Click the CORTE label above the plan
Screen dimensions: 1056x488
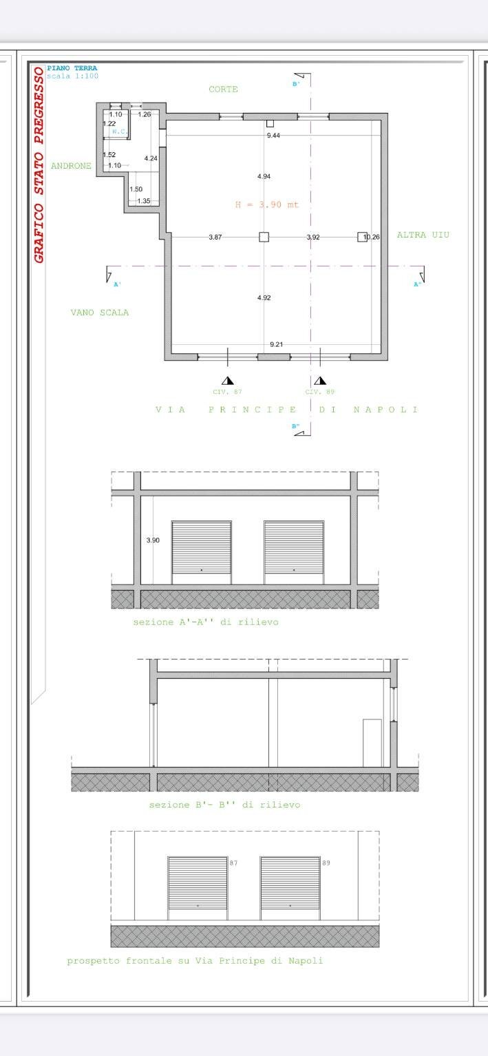(x=223, y=89)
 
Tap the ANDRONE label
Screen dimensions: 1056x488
(x=71, y=166)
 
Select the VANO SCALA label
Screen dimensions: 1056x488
(x=99, y=313)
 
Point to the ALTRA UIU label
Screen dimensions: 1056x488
(x=423, y=235)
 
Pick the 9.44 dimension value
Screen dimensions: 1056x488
(x=273, y=136)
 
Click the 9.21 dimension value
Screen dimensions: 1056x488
(x=276, y=344)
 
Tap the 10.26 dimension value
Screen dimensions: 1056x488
(x=372, y=237)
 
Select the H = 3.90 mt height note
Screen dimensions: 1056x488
(x=266, y=205)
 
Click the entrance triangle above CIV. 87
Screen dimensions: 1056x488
(x=228, y=381)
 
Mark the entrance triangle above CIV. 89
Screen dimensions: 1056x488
(x=320, y=381)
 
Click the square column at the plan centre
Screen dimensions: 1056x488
(x=264, y=237)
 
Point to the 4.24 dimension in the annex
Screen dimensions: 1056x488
(x=151, y=159)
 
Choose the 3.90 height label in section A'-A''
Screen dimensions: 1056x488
(x=153, y=541)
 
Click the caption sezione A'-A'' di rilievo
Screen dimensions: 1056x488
(x=206, y=622)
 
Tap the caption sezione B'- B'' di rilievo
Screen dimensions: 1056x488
(x=224, y=805)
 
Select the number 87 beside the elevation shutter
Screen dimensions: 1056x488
(x=233, y=863)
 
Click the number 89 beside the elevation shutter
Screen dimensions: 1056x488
(x=326, y=863)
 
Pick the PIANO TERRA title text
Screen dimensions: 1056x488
(x=72, y=68)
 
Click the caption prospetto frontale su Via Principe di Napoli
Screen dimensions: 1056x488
(x=195, y=961)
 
